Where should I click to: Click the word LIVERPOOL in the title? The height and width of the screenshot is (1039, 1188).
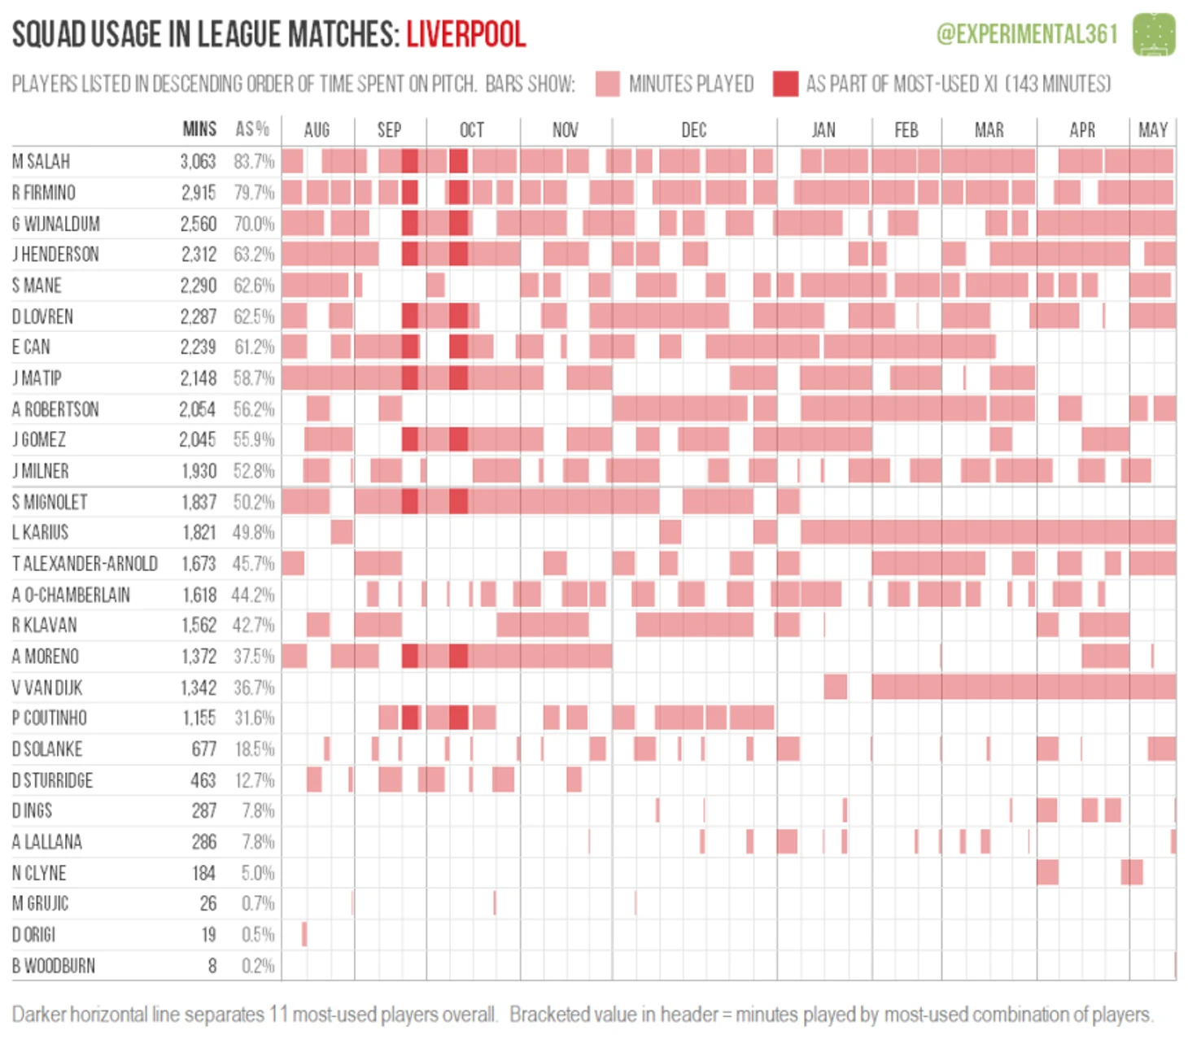pos(465,34)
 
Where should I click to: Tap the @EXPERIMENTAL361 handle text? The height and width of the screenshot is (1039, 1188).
pos(1027,34)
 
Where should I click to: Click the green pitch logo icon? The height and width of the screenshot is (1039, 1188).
pos(1154,34)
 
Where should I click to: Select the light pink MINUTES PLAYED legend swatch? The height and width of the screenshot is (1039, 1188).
pos(607,84)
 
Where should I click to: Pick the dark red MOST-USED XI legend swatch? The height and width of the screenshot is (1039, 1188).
pos(785,84)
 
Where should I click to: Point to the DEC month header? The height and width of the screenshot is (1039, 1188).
pos(693,130)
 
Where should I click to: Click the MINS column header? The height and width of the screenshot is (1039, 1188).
pos(199,129)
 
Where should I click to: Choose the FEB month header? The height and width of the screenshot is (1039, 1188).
pos(906,130)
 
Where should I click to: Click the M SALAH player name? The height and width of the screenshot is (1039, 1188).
pos(41,161)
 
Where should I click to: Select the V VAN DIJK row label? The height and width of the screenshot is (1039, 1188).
pos(47,688)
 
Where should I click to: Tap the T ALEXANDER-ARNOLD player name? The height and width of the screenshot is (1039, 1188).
pos(85,563)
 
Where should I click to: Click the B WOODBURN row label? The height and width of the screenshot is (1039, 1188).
pos(54,966)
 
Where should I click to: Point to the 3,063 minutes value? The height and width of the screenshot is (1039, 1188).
pos(198,161)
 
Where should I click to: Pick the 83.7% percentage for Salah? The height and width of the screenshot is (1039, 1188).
pos(254,161)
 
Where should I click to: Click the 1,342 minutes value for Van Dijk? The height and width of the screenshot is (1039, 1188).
pos(198,688)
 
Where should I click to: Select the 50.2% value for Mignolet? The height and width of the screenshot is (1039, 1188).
pos(254,502)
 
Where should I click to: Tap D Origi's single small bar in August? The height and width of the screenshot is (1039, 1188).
pos(304,934)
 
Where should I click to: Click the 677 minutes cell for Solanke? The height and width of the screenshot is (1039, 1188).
pos(203,749)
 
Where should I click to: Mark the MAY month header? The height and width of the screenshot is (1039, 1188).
pos(1152,130)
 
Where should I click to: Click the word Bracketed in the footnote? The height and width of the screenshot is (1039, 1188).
pos(544,1015)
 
